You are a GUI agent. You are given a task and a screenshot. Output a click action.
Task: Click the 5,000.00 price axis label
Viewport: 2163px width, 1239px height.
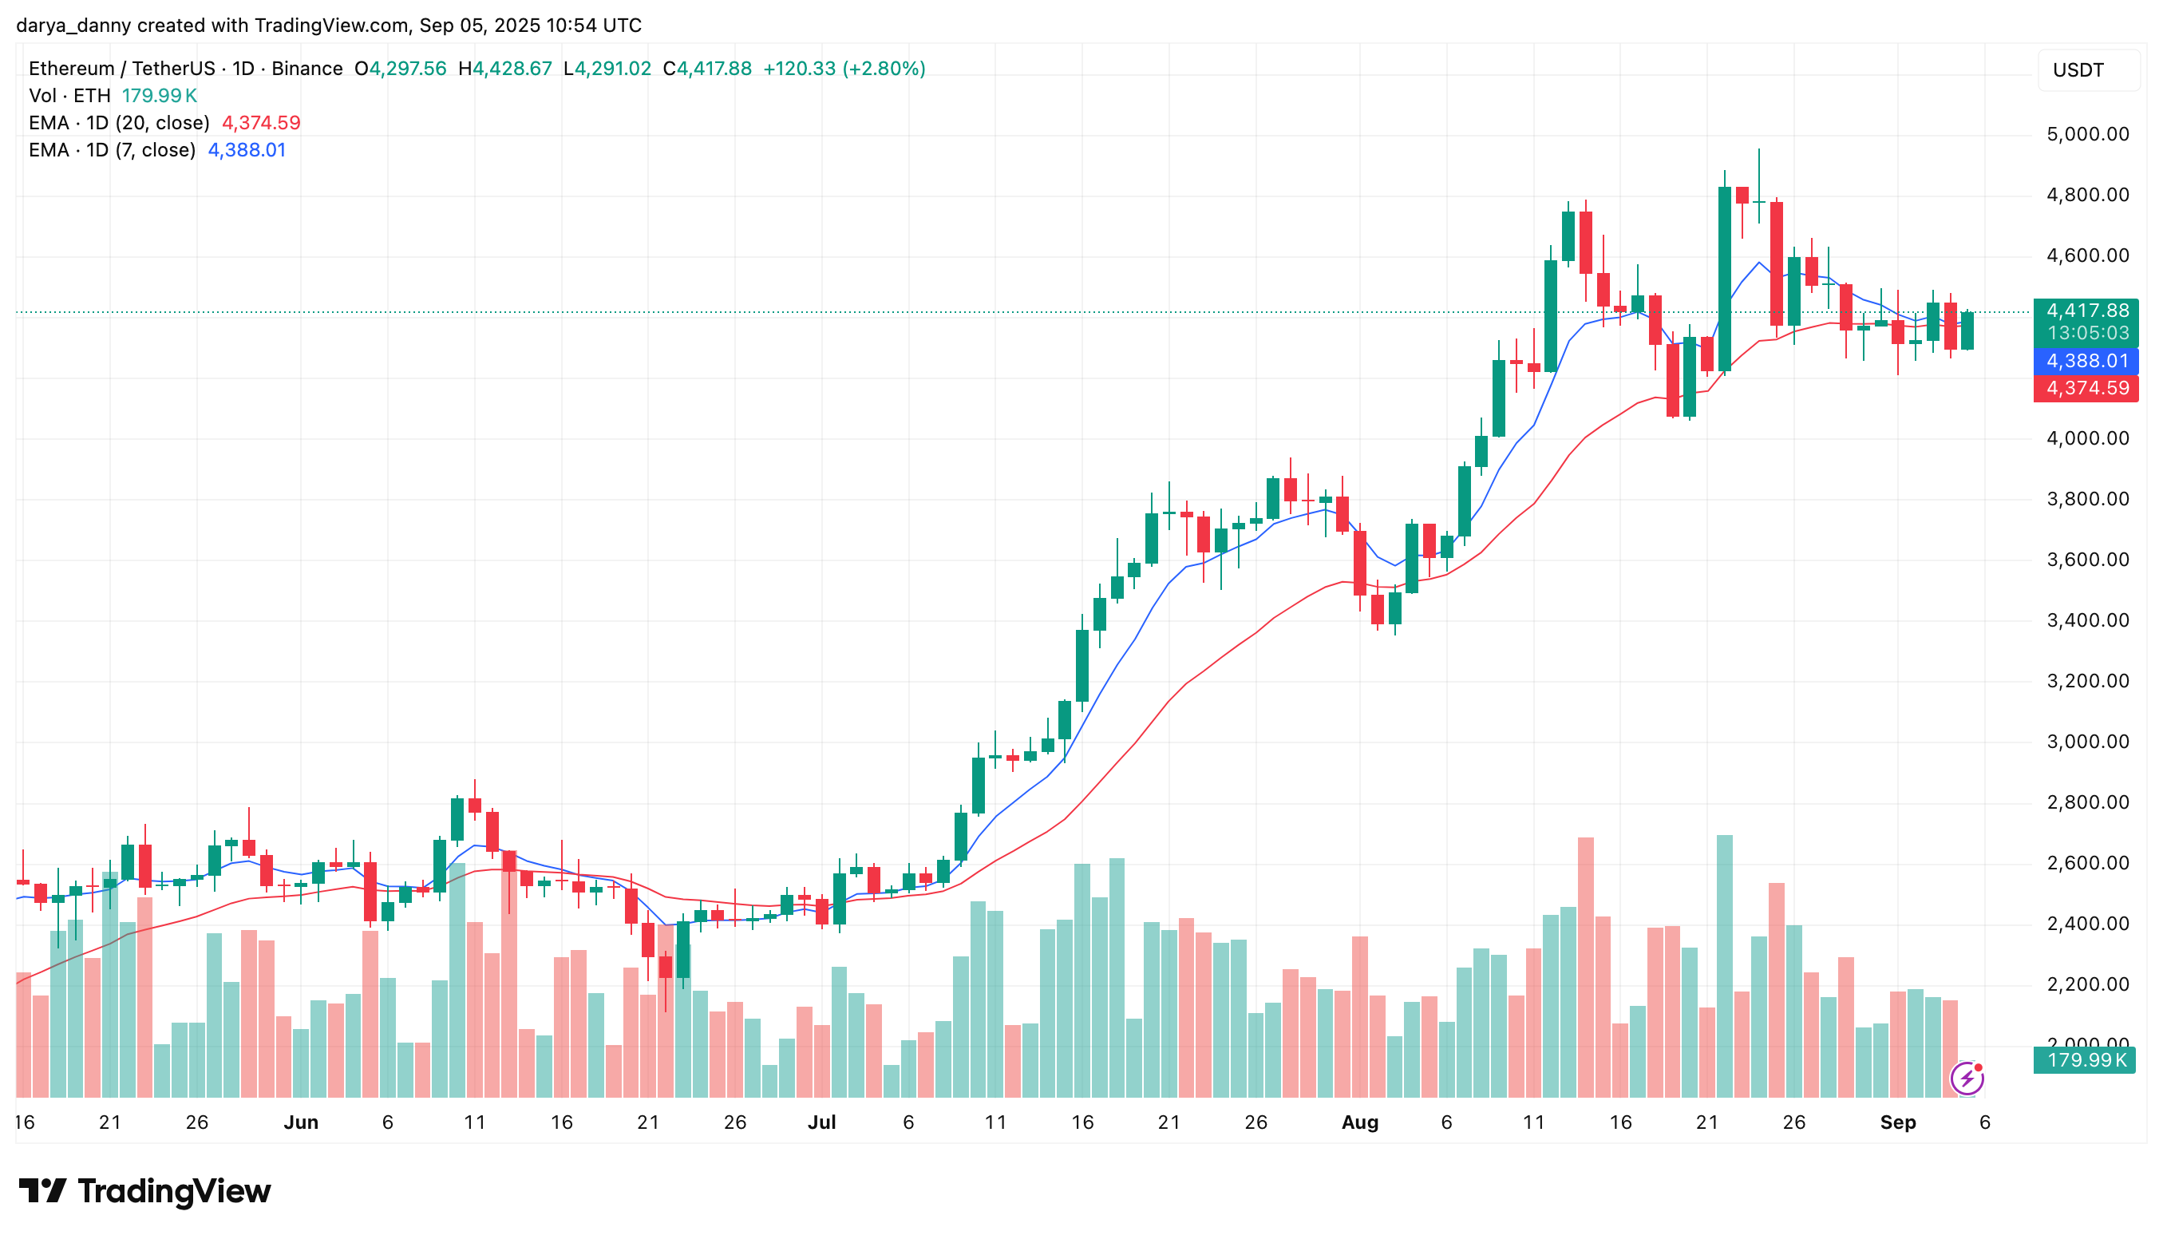[x=2086, y=134]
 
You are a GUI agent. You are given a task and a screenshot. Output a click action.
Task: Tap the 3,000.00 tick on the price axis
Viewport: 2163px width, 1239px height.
[x=2086, y=742]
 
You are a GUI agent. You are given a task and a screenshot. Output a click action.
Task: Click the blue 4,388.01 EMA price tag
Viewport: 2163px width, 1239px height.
[x=2086, y=361]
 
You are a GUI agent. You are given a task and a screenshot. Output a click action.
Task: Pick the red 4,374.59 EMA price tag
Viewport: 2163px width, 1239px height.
[x=2086, y=388]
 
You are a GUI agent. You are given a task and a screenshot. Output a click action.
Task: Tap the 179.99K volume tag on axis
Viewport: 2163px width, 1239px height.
[x=2085, y=1060]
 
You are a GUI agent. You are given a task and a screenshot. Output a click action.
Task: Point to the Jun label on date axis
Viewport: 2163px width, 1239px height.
[x=300, y=1122]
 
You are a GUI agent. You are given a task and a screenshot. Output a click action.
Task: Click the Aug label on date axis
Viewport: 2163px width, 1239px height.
[x=1359, y=1122]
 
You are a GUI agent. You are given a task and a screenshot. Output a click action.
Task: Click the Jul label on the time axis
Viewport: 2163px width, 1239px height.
[x=821, y=1122]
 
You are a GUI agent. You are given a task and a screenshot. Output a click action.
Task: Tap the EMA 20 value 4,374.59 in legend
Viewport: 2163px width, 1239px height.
[x=260, y=122]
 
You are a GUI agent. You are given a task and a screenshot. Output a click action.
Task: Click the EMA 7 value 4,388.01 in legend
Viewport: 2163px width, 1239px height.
[x=247, y=150]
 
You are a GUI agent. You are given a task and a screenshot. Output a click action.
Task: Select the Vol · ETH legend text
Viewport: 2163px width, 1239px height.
[x=69, y=95]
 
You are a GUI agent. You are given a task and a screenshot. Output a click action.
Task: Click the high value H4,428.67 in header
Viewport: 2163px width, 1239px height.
[x=505, y=68]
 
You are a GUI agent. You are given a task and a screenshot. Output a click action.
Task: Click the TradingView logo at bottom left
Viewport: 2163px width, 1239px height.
[x=144, y=1190]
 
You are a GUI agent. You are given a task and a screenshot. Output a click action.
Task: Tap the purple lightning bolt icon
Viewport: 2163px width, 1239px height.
[x=1966, y=1079]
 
